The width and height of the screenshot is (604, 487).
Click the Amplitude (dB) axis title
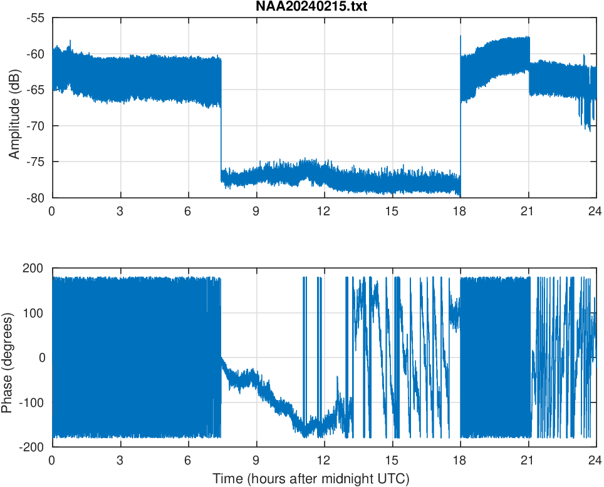(x=14, y=108)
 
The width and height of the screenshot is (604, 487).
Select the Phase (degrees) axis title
(x=8, y=357)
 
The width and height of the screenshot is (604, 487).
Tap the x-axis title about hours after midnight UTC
(x=311, y=479)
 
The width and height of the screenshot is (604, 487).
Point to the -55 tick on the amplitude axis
(x=36, y=18)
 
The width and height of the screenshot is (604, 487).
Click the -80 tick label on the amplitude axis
(x=36, y=198)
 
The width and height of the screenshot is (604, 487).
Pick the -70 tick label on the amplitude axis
(x=36, y=126)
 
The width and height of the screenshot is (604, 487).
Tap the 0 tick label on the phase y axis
(x=43, y=357)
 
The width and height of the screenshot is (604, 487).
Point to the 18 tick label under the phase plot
(x=460, y=459)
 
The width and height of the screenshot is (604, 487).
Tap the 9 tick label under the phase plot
(x=256, y=459)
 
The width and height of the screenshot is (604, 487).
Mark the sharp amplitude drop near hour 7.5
(x=221, y=138)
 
